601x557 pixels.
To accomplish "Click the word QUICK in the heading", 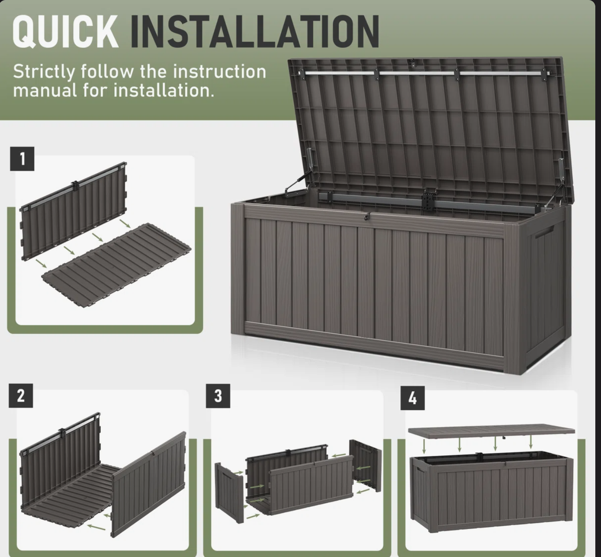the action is point(65,32).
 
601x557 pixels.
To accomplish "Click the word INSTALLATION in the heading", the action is point(255,32).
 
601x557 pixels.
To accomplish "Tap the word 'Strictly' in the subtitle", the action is point(44,72).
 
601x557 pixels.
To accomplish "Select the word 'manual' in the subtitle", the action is point(45,91).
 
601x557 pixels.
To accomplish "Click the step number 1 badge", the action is point(22,159).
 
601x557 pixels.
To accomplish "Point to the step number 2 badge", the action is point(20,395).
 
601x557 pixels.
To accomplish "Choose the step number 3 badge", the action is point(218,396).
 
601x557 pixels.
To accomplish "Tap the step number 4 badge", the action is point(413,398).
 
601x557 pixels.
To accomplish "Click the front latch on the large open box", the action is point(368,216).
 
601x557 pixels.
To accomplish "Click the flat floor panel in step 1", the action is point(116,266).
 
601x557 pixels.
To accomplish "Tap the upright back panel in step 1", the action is point(73,211).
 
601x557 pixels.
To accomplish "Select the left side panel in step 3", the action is point(229,493).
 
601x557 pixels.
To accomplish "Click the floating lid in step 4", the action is point(491,432).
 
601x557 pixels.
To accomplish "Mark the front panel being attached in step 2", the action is point(149,484).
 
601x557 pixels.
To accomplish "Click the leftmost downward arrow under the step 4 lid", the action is point(424,446).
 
